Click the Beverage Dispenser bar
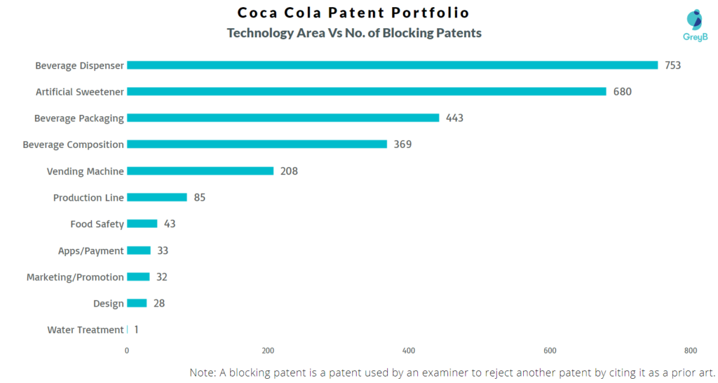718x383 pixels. pyautogui.click(x=392, y=65)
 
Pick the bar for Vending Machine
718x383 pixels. pyautogui.click(x=200, y=171)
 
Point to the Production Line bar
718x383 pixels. pyautogui.click(x=157, y=197)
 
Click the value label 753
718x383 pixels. pyautogui.click(x=673, y=65)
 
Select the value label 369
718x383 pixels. pyautogui.click(x=402, y=145)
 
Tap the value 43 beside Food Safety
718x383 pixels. pyautogui.click(x=170, y=224)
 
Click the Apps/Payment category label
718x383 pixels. pyautogui.click(x=90, y=250)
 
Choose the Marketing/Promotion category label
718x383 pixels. pyautogui.click(x=75, y=277)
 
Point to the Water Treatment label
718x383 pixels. pyautogui.click(x=86, y=330)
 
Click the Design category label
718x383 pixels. pyautogui.click(x=109, y=304)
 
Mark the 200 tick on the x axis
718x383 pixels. pyautogui.click(x=268, y=351)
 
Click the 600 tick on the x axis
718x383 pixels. pyautogui.click(x=550, y=351)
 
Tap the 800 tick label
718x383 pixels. pyautogui.click(x=690, y=351)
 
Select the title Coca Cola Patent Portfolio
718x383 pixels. pyautogui.click(x=353, y=13)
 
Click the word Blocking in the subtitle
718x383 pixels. pyautogui.click(x=408, y=33)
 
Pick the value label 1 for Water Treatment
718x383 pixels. pyautogui.click(x=136, y=330)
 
